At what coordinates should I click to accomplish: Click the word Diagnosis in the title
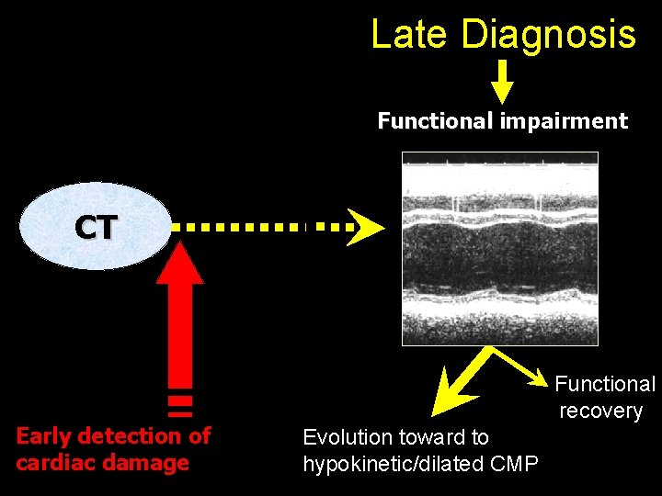click(549, 35)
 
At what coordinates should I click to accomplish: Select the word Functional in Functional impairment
click(436, 121)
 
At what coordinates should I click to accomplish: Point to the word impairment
click(564, 121)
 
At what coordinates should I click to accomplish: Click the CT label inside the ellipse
click(96, 227)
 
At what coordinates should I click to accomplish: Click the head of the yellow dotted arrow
click(366, 226)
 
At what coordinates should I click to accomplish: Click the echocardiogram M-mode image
click(500, 248)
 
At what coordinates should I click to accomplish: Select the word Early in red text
click(46, 435)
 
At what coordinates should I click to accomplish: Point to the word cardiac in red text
click(51, 462)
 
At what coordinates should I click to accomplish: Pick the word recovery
click(600, 411)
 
